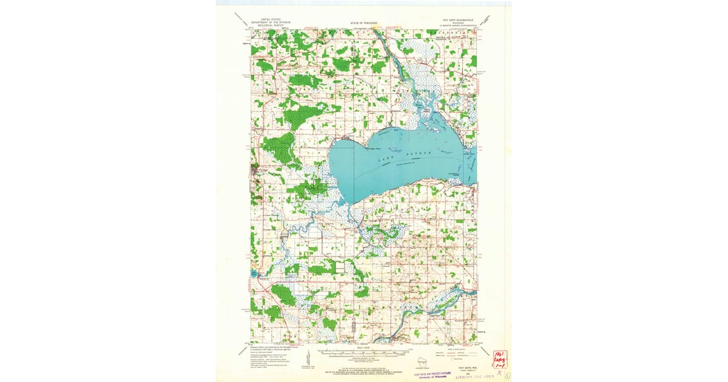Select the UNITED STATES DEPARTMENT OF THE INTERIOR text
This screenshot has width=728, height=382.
(x=271, y=22)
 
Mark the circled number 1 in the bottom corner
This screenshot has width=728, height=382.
(x=507, y=375)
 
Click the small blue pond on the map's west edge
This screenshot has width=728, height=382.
(x=252, y=274)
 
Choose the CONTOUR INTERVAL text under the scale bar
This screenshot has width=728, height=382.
(x=364, y=360)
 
